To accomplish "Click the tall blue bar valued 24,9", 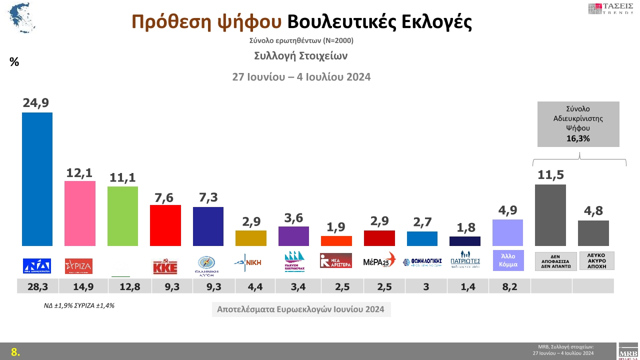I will click(x=37, y=179).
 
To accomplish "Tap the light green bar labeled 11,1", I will click(x=123, y=216).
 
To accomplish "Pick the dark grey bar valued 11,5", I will click(x=550, y=215).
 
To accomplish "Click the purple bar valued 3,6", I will click(x=293, y=236).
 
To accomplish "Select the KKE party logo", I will click(x=165, y=266).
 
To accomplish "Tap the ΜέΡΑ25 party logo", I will click(x=379, y=261).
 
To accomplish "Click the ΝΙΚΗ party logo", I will click(x=251, y=261).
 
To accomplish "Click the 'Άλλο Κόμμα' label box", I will click(x=508, y=260).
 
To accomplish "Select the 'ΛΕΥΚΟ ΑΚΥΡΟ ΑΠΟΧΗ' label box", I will click(x=596, y=260).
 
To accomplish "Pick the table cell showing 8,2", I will click(x=507, y=286).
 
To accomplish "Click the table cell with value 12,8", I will click(x=123, y=286).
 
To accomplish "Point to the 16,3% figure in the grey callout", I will click(x=578, y=139).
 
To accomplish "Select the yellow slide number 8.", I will click(x=15, y=352).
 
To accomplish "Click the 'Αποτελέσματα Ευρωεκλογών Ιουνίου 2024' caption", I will click(x=300, y=309).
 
